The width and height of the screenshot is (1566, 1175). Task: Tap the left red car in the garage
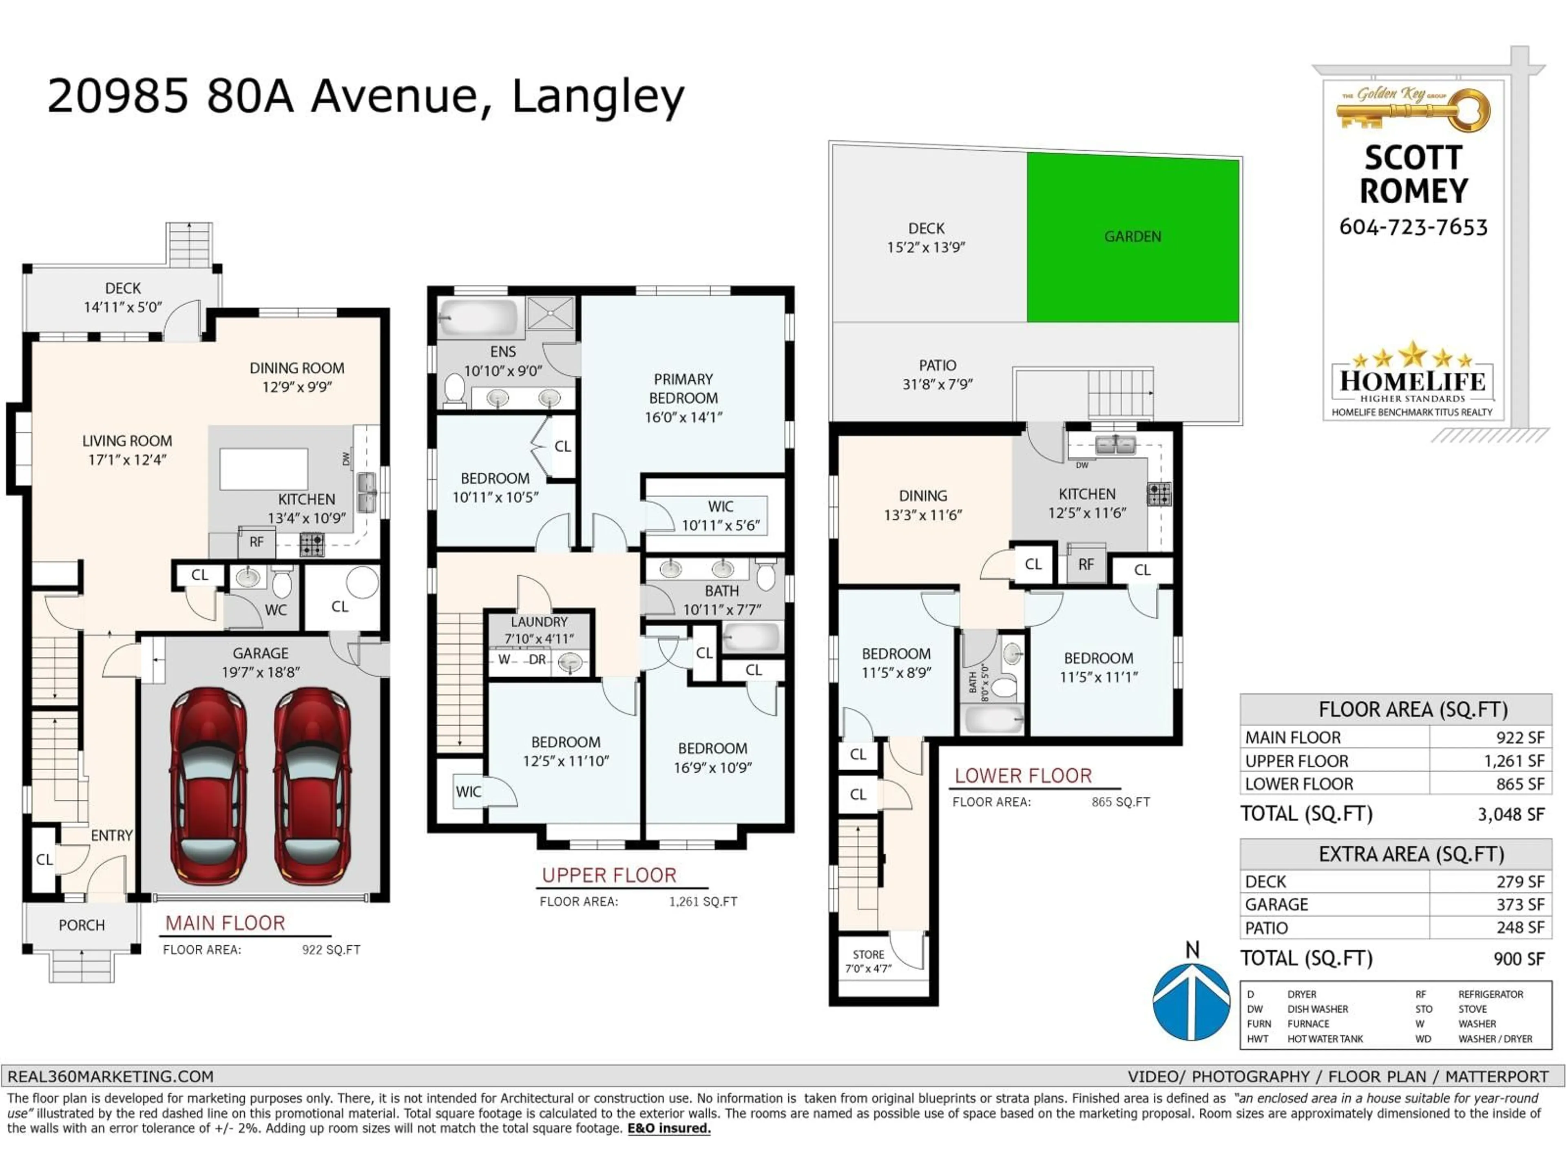[208, 786]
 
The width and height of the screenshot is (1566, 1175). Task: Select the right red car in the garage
[312, 786]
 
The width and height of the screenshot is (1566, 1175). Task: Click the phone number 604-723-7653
[1413, 227]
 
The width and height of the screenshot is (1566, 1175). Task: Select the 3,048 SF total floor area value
[1510, 814]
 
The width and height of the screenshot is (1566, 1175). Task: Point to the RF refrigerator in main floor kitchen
[256, 542]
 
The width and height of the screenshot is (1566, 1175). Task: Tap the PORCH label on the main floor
[82, 925]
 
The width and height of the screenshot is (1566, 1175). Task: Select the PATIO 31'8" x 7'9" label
[937, 375]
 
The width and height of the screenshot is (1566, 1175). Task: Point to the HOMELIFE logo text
[1412, 381]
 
